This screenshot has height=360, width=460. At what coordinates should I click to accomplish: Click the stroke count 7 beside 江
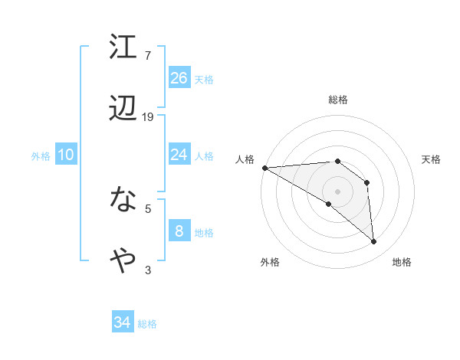(x=148, y=55)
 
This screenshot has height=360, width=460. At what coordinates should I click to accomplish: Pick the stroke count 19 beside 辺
(x=148, y=117)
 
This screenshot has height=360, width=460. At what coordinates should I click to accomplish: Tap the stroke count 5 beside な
(x=148, y=208)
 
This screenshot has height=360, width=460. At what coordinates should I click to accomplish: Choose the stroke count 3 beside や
(x=148, y=270)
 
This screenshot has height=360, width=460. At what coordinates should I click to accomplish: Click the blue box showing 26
(x=179, y=77)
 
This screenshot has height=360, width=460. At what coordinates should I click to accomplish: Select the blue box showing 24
(x=179, y=155)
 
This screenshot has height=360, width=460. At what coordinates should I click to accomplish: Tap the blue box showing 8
(x=179, y=231)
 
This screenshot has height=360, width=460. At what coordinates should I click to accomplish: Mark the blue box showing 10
(x=66, y=155)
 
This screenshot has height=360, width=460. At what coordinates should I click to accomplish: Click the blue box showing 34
(x=123, y=322)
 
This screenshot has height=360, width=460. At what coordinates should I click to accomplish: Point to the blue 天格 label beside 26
(x=204, y=79)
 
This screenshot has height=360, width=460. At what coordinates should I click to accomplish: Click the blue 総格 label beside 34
(x=147, y=324)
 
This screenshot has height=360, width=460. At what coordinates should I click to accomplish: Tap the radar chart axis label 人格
(x=245, y=159)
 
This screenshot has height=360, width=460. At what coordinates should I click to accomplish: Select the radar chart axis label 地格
(x=402, y=262)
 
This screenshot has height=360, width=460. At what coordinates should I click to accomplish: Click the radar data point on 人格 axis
(x=264, y=168)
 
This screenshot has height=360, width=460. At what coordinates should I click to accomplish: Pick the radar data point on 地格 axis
(x=374, y=242)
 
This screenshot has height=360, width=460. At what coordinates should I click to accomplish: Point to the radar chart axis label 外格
(x=270, y=262)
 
